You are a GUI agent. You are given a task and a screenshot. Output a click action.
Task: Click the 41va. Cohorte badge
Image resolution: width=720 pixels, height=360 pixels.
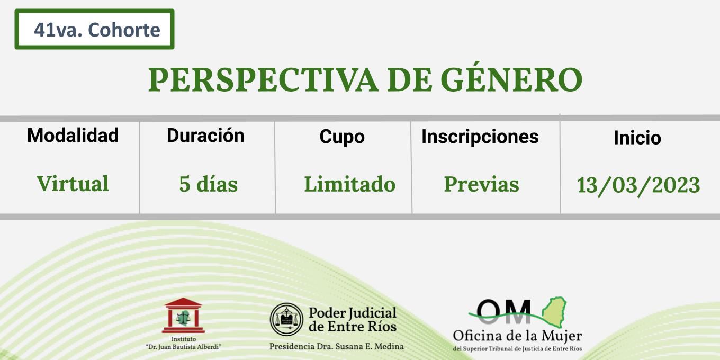tap(94, 29)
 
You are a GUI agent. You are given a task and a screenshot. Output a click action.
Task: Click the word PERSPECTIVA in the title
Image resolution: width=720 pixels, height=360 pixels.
tap(263, 80)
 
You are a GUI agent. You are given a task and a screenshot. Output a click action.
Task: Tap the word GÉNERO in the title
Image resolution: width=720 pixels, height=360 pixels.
tap(511, 77)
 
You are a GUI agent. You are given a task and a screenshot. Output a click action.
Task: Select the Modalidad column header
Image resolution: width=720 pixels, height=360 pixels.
tap(73, 135)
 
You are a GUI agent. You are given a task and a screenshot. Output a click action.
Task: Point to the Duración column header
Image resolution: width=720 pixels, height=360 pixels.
tap(206, 136)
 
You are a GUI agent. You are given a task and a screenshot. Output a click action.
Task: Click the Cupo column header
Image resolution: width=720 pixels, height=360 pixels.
tap(342, 137)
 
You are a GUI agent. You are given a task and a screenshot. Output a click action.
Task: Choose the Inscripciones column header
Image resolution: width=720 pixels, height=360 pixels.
tap(480, 137)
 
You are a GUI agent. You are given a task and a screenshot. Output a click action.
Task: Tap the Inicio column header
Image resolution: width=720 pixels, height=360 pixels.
tap(637, 138)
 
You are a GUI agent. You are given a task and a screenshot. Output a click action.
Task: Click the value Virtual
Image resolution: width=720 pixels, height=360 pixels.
tap(73, 184)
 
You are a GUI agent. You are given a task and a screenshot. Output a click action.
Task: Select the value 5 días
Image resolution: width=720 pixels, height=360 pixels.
tap(208, 184)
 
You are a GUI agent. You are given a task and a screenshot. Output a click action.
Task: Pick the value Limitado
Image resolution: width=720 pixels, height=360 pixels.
tap(350, 184)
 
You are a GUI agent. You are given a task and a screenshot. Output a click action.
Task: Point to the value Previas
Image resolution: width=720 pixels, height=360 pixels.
tap(482, 184)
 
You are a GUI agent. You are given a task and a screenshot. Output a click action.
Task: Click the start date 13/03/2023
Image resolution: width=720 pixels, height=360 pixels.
tap(638, 185)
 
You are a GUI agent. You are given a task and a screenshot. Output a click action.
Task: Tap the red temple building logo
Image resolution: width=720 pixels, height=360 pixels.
tap(184, 316)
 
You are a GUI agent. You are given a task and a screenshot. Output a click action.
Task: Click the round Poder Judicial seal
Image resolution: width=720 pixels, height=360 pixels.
tap(286, 320)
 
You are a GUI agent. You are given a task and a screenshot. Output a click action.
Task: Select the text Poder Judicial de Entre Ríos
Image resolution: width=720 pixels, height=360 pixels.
tap(353, 320)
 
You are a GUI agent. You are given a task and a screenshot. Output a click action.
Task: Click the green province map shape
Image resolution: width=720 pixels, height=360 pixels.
tap(555, 312)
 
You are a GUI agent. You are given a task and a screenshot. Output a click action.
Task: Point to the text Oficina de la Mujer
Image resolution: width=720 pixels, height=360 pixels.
tap(517, 336)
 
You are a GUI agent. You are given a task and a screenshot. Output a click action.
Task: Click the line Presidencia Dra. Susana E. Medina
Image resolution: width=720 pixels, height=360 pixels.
tap(337, 346)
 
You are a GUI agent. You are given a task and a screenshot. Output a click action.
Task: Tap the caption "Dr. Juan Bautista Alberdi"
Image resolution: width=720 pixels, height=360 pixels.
tap(184, 347)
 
